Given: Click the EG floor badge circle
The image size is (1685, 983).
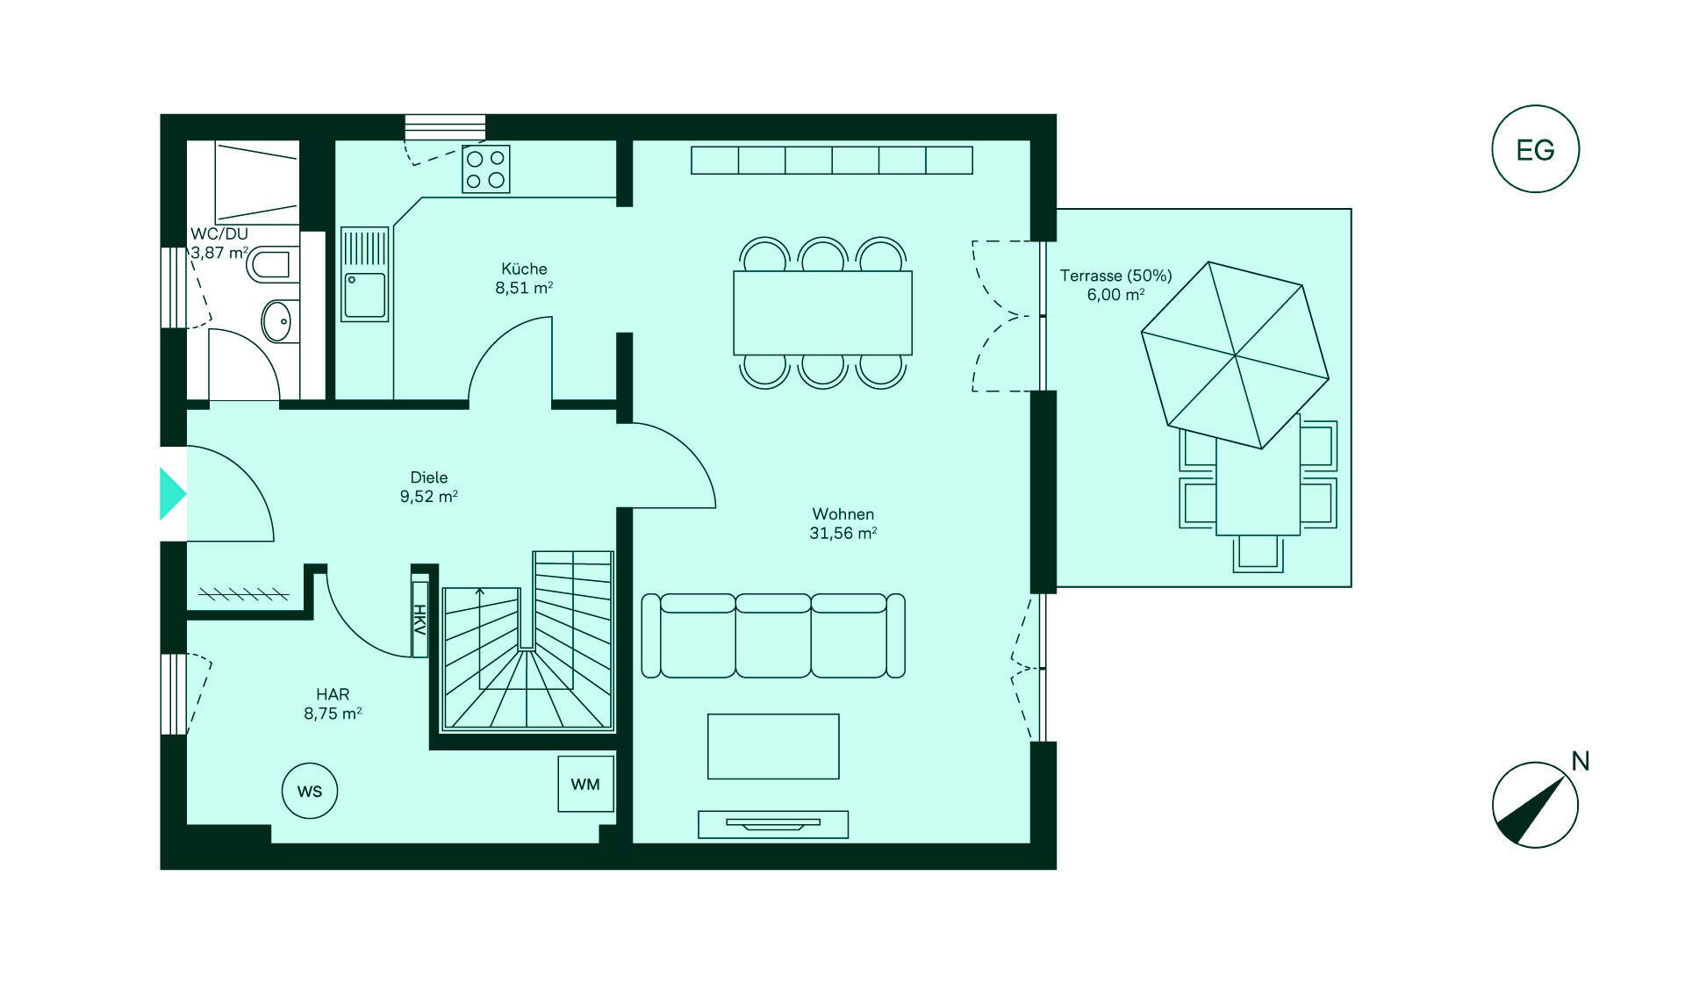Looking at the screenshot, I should click(1535, 149).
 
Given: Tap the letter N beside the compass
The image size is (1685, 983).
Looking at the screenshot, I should click(1580, 761).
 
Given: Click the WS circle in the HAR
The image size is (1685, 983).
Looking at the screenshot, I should click(309, 791).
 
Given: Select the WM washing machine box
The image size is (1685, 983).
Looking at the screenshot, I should click(585, 784).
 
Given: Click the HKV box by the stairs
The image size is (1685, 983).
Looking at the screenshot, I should click(419, 619).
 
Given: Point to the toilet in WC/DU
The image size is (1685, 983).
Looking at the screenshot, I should click(269, 264).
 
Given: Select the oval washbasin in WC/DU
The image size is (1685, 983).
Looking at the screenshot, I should click(277, 321).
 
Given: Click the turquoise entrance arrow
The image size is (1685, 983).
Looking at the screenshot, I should click(172, 494).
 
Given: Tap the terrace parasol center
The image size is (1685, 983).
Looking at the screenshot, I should click(1235, 355).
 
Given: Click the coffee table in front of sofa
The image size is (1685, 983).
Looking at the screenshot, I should click(773, 746).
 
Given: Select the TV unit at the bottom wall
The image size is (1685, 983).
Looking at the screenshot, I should click(773, 824).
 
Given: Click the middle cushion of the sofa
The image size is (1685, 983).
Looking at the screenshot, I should click(773, 635).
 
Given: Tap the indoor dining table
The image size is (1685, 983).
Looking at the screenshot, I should click(822, 312).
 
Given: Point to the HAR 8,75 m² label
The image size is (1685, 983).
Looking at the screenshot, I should click(333, 704).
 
